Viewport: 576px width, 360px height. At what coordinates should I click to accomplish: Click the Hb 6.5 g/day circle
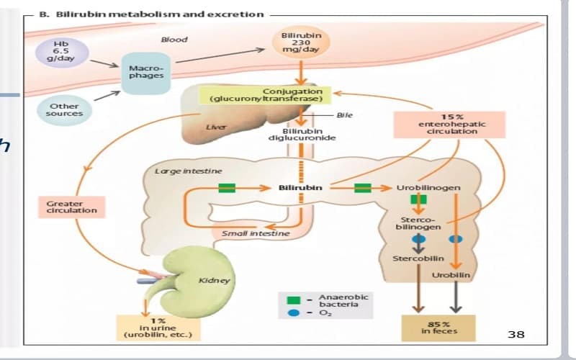pos(62,53)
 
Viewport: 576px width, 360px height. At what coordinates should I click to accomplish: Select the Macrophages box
pos(146,73)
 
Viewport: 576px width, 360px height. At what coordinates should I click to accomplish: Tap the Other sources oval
pos(64,110)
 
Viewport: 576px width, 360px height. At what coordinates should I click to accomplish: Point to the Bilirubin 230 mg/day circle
pos(301,42)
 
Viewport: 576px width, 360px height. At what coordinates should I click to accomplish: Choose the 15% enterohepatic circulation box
pos(449,125)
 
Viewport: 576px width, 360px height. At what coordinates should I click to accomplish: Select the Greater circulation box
pos(71,207)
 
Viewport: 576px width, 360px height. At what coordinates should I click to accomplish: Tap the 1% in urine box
pos(158,328)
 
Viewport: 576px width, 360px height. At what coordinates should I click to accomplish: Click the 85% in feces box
pos(438,328)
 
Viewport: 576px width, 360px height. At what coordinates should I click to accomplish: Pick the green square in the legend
pos(293,300)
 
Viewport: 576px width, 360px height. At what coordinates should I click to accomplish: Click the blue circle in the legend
pos(293,313)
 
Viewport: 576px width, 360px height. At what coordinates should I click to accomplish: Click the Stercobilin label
pos(418,258)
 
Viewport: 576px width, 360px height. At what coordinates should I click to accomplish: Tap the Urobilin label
pos(451,275)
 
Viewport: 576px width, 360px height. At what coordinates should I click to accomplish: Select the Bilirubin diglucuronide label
pos(302,135)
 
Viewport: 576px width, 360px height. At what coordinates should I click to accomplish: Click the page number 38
pos(516,334)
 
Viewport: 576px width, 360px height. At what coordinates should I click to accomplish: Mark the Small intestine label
pos(256,233)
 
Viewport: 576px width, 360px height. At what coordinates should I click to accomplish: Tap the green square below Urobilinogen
pos(418,199)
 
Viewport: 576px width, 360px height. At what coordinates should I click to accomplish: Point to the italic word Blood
pos(174,40)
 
